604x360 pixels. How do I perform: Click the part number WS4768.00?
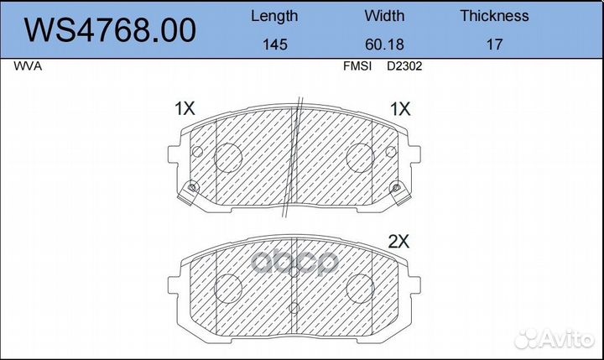click(x=110, y=30)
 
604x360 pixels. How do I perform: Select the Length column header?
click(x=274, y=16)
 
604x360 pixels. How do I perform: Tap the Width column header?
click(x=384, y=16)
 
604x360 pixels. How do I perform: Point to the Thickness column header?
click(x=494, y=16)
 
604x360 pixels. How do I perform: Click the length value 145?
click(x=274, y=44)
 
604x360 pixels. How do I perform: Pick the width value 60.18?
click(x=384, y=44)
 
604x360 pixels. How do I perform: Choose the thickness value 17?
click(x=494, y=44)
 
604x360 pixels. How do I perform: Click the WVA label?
click(x=28, y=66)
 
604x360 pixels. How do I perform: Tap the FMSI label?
click(x=357, y=66)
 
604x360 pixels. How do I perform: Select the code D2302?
click(x=404, y=66)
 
